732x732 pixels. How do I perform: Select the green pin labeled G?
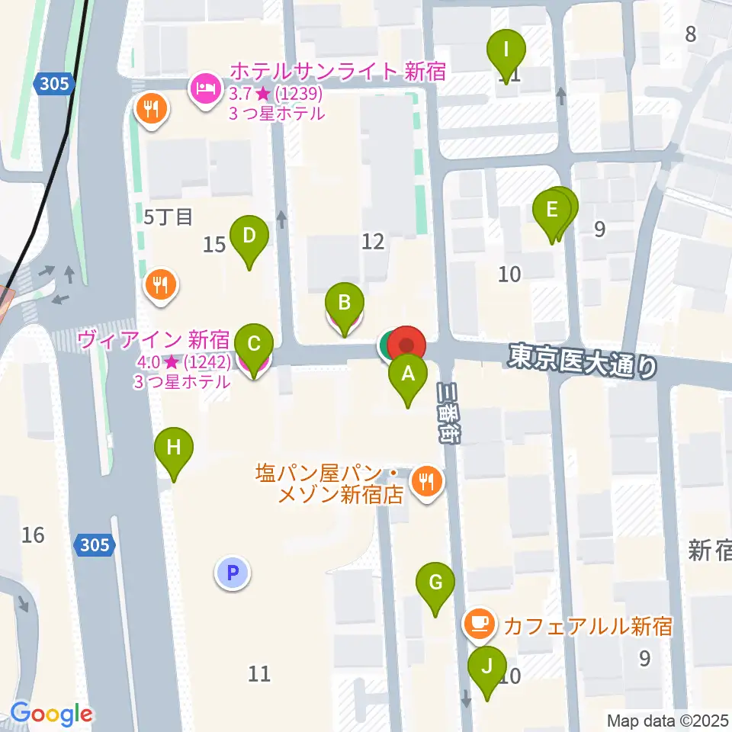point(435,583)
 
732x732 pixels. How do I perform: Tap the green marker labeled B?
point(344,303)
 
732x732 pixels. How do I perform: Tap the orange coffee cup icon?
point(478,624)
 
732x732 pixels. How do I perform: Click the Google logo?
point(51,714)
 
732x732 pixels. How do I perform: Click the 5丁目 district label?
point(169,217)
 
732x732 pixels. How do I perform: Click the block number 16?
point(33,535)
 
